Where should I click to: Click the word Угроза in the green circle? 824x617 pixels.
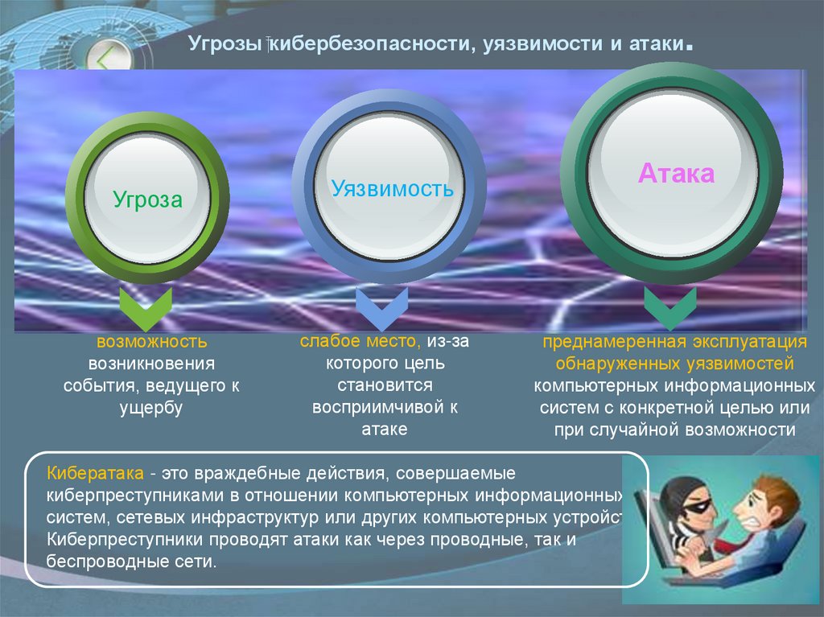[147, 199]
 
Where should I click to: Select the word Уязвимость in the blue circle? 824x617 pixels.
[393, 190]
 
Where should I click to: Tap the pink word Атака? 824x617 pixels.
[676, 173]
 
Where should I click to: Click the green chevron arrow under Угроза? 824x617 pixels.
[146, 307]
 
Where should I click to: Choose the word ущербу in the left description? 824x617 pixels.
[151, 408]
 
